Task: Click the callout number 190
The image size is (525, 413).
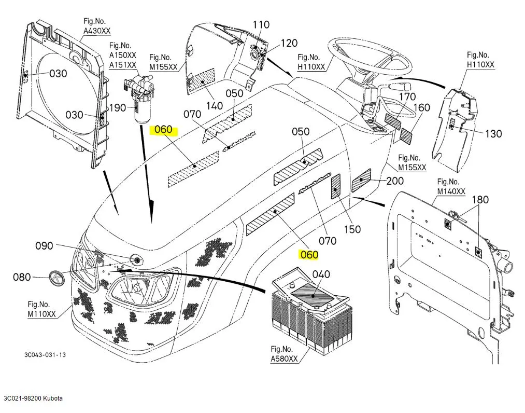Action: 118,107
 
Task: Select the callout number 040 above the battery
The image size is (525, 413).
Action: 321,274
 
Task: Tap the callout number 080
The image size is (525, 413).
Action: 22,277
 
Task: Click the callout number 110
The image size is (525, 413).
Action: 261,24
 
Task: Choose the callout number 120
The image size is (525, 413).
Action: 289,44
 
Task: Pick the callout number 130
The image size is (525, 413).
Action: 493,133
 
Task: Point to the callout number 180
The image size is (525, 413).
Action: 479,199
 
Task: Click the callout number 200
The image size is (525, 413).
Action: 395,181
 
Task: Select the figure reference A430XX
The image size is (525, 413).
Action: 96,31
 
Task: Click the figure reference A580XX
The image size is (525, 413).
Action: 284,358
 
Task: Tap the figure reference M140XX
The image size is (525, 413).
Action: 451,191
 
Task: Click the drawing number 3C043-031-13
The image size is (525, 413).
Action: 45,355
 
